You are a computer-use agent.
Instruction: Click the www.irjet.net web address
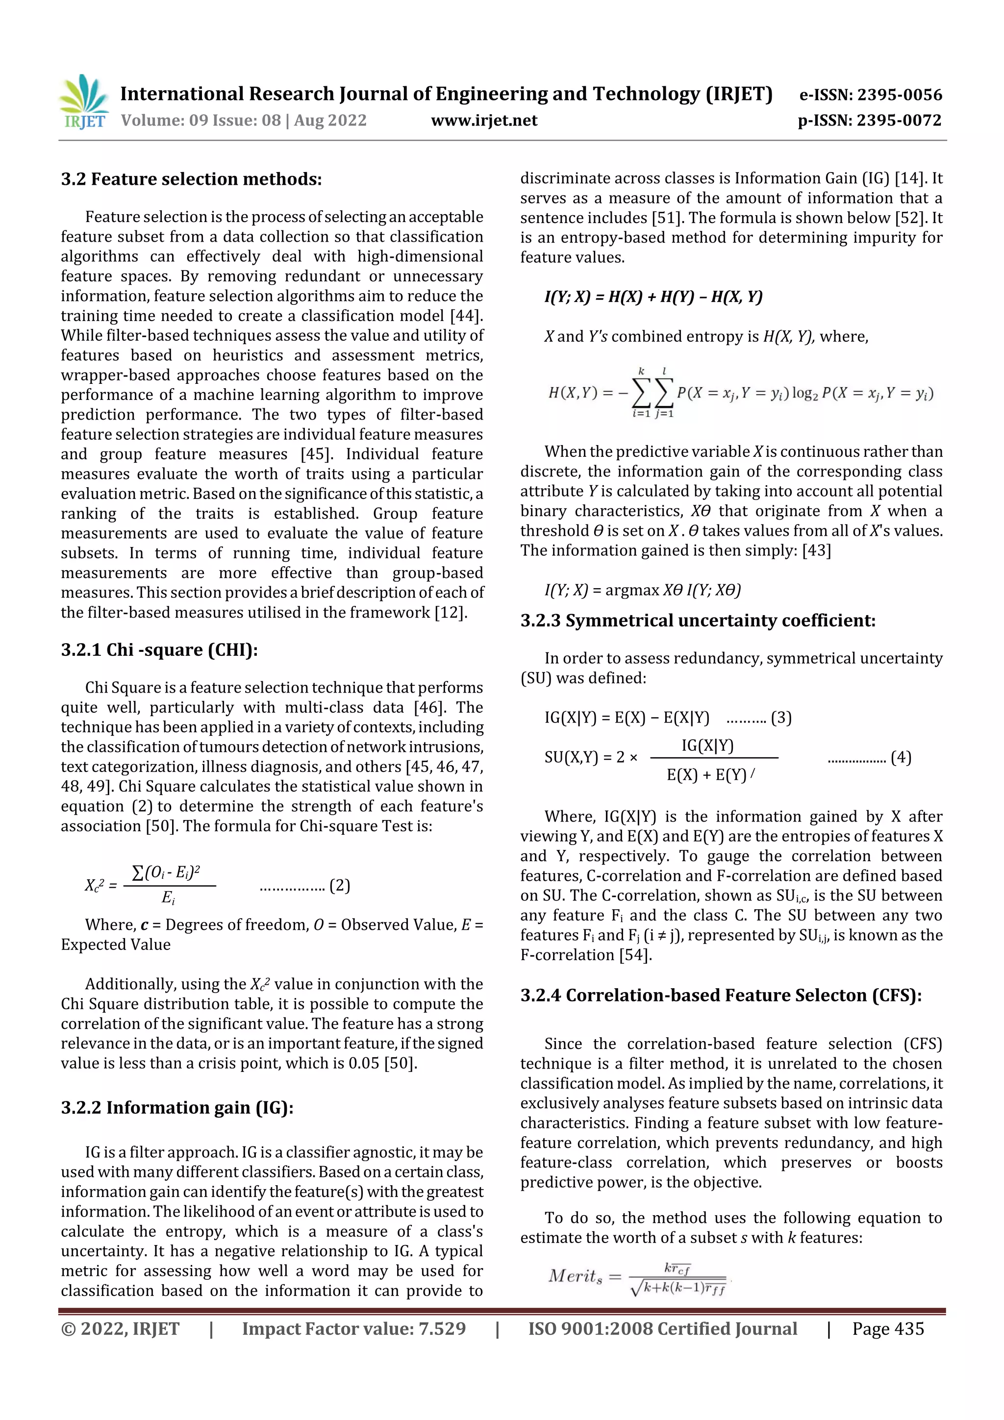484,121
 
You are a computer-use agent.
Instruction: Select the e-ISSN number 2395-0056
899,95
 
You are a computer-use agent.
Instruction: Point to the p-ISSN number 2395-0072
899,121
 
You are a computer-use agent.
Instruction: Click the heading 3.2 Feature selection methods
191,179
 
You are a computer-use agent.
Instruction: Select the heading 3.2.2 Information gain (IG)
177,1108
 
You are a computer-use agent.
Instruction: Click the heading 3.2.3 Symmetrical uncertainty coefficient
697,621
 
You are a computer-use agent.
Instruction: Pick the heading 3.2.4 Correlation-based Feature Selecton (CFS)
721,995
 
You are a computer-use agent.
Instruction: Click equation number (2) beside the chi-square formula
340,886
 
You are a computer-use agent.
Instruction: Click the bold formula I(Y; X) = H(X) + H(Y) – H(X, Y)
653,297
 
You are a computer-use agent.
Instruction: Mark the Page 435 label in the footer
888,1328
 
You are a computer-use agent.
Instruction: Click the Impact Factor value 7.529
442,1328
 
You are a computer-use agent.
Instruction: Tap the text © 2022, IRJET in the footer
120,1328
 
